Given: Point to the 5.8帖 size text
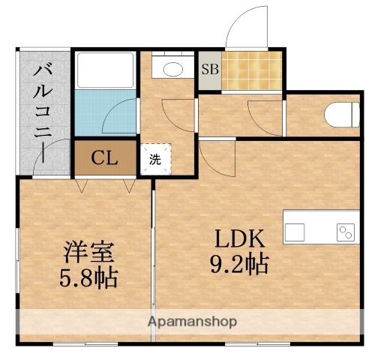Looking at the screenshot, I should point(88,279).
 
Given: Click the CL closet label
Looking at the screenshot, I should point(104,158).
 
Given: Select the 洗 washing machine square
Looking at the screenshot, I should point(154,159).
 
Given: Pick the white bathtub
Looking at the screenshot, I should point(105,71).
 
